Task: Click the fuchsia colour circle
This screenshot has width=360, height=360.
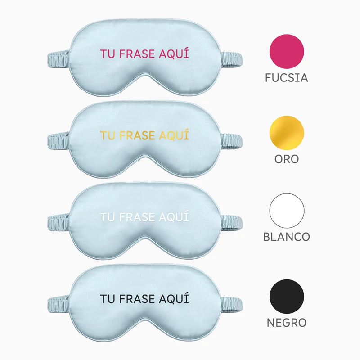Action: pyautogui.click(x=287, y=51)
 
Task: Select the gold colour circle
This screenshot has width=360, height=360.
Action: pyautogui.click(x=287, y=133)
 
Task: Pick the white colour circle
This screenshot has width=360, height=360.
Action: pyautogui.click(x=287, y=211)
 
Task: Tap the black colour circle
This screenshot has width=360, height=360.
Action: pyautogui.click(x=287, y=297)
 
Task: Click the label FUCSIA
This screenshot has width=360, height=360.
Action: pyautogui.click(x=287, y=78)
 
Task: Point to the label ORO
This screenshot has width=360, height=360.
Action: pyautogui.click(x=287, y=159)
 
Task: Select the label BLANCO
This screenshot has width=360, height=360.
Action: pyautogui.click(x=287, y=237)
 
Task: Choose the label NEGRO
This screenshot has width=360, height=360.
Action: pyautogui.click(x=287, y=323)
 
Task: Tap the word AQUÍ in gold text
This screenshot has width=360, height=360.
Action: pyautogui.click(x=174, y=135)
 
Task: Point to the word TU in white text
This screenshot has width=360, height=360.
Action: pyautogui.click(x=108, y=217)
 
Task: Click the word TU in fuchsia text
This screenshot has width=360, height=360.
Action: pyautogui.click(x=108, y=54)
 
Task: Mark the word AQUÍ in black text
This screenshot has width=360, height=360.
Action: pyautogui.click(x=174, y=298)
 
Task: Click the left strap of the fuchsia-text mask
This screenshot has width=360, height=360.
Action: pyautogui.click(x=58, y=59)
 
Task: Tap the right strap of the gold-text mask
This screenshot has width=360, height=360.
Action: pyautogui.click(x=231, y=141)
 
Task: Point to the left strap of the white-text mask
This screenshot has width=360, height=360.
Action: pyautogui.click(x=58, y=223)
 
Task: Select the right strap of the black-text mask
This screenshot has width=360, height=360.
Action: pyautogui.click(x=231, y=305)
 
